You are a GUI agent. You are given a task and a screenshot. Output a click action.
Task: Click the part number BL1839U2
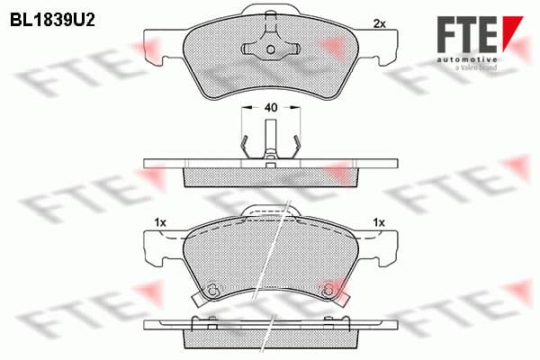point(52,21)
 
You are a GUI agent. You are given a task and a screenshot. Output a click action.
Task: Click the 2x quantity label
point(379,23)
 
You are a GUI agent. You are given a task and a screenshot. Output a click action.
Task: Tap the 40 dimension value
point(271,107)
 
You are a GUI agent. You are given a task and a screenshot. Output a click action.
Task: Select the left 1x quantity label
point(160,222)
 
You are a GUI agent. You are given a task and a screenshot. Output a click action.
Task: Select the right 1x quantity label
point(379,222)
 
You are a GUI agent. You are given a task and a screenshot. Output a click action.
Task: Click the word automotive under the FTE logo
point(467,59)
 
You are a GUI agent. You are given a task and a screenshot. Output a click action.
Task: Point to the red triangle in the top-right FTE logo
point(512,32)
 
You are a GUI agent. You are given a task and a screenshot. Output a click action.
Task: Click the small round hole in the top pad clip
point(271,49)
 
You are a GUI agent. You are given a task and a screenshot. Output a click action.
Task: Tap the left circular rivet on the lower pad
point(211,290)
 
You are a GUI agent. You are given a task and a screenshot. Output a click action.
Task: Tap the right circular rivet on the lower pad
point(328,292)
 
